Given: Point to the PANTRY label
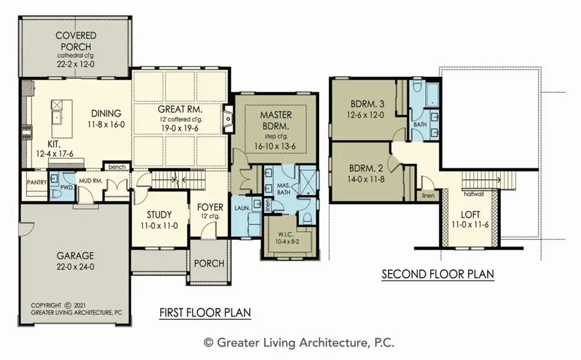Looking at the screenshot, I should point(37,183).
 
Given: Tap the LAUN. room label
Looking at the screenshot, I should point(243,209).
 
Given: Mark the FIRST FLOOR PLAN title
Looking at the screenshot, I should point(205,313).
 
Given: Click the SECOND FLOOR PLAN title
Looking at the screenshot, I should point(437,274).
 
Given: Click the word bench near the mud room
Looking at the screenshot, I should point(117,167).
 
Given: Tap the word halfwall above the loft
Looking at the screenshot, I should point(473,193).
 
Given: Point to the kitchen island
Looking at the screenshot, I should point(60,112).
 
